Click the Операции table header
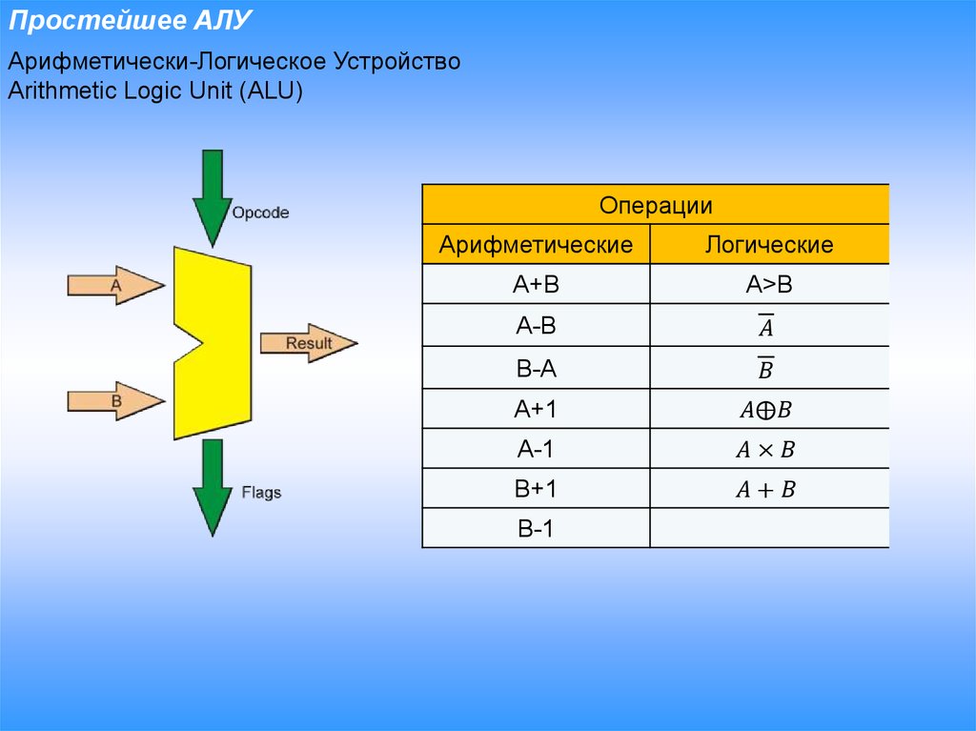click(x=656, y=206)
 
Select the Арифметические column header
click(x=536, y=245)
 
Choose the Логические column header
click(x=769, y=245)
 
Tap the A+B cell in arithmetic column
click(x=536, y=284)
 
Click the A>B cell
click(x=769, y=284)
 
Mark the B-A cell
click(x=536, y=368)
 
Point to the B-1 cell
click(x=536, y=529)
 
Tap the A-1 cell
click(x=536, y=449)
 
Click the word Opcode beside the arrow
click(x=260, y=213)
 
